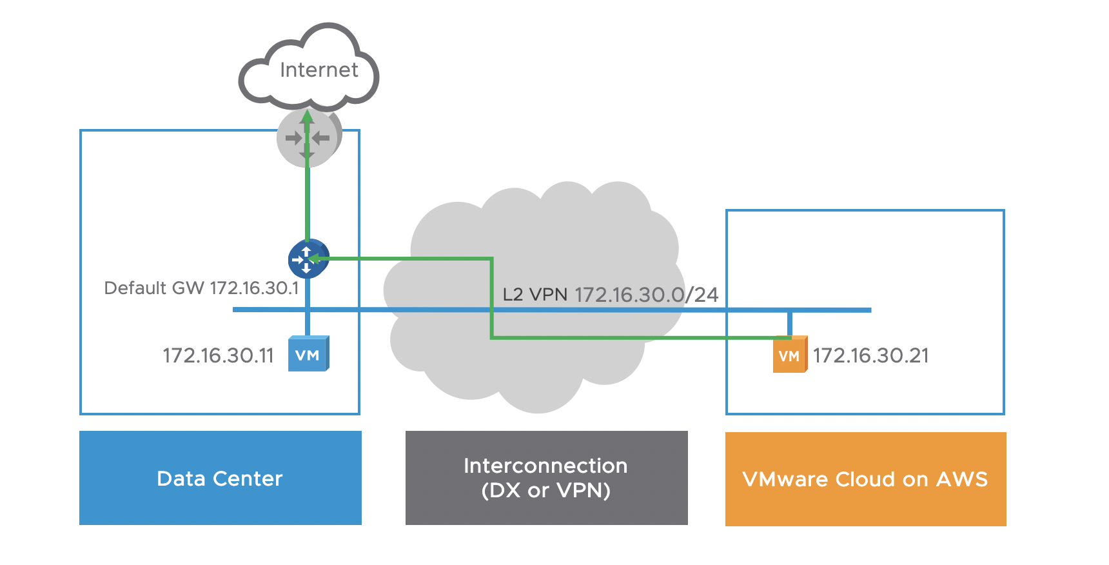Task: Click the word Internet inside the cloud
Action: click(319, 70)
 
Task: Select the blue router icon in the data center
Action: click(308, 259)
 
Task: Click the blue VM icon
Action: click(308, 354)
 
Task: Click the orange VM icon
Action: click(790, 355)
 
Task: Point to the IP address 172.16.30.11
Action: click(218, 355)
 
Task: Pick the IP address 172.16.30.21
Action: click(870, 355)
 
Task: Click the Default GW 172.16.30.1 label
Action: click(201, 288)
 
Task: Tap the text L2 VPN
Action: click(535, 295)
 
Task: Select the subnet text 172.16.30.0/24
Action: click(646, 295)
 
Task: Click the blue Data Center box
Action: click(220, 478)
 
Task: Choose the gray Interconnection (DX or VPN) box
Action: click(546, 478)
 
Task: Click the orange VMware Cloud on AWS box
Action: click(865, 479)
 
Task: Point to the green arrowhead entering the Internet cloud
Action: click(308, 117)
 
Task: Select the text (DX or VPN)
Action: click(545, 491)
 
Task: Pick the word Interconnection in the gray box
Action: click(545, 466)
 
